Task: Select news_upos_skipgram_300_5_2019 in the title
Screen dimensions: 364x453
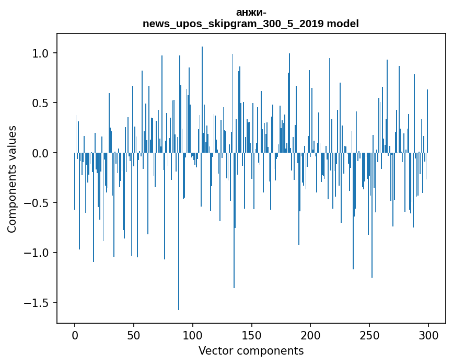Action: (x=234, y=24)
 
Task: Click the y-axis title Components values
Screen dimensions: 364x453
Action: (x=12, y=179)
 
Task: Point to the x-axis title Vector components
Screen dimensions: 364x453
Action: (x=251, y=350)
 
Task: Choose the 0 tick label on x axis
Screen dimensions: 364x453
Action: (x=75, y=335)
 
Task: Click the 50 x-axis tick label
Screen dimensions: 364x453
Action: (x=134, y=335)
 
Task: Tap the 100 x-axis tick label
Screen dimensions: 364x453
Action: (x=193, y=335)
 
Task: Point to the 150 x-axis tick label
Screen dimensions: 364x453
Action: (x=252, y=335)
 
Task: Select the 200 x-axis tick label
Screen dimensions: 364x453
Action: (x=311, y=335)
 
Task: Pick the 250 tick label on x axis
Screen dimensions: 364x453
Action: (x=369, y=335)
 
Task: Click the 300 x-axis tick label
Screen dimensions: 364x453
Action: (x=428, y=335)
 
